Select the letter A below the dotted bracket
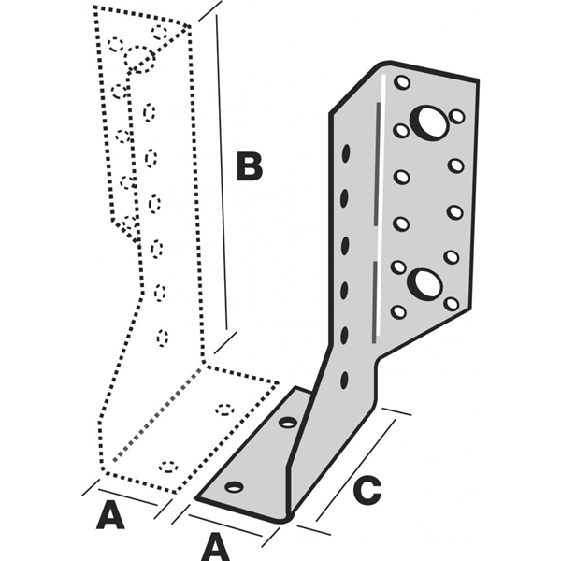click(x=110, y=515)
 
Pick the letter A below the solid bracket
click(x=217, y=543)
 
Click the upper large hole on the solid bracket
click(x=429, y=122)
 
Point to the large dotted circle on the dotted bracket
click(x=140, y=58)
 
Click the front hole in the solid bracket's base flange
click(x=234, y=487)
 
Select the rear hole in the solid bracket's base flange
click(x=288, y=423)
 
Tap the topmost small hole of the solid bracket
click(x=402, y=82)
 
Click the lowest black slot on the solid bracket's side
click(x=345, y=380)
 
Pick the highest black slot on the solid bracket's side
click(x=345, y=151)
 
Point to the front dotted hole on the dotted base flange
click(x=168, y=465)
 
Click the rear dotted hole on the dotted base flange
click(x=224, y=409)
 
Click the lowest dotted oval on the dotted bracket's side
click(x=163, y=337)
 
